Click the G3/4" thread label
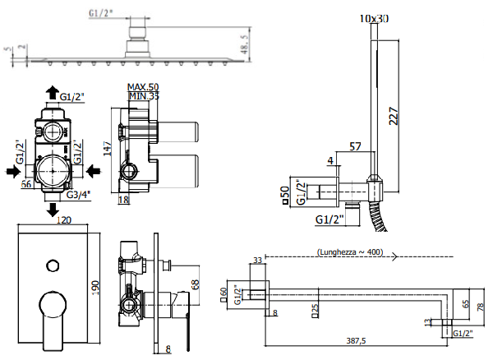tap(78, 195)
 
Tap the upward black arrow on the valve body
tap(52, 92)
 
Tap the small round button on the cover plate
tap(53, 265)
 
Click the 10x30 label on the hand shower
tap(375, 17)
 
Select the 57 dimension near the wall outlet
tap(354, 147)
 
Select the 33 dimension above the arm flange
tap(256, 261)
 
